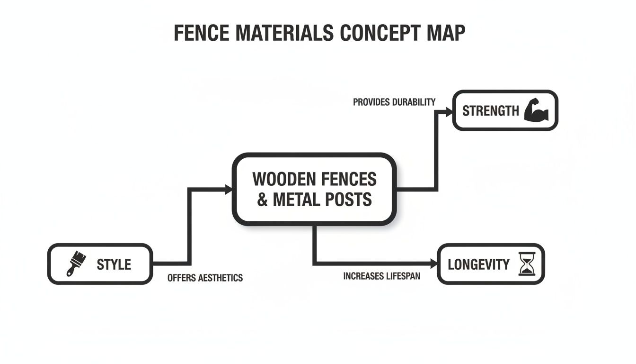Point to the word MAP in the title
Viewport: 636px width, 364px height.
click(x=445, y=33)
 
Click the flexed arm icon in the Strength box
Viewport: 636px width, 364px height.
click(x=537, y=111)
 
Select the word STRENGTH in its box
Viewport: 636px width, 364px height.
click(x=491, y=111)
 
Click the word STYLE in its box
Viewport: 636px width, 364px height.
click(x=114, y=264)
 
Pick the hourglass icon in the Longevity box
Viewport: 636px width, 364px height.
click(x=526, y=264)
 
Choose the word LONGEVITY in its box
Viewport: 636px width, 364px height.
click(x=478, y=264)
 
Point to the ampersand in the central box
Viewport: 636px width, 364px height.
click(x=263, y=200)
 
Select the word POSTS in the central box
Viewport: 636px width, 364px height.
click(x=348, y=200)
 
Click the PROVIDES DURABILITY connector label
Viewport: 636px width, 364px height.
click(x=394, y=102)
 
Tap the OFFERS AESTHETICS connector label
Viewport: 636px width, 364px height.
click(x=205, y=278)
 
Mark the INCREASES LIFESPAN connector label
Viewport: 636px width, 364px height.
click(x=381, y=276)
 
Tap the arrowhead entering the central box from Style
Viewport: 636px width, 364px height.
click(x=229, y=190)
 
